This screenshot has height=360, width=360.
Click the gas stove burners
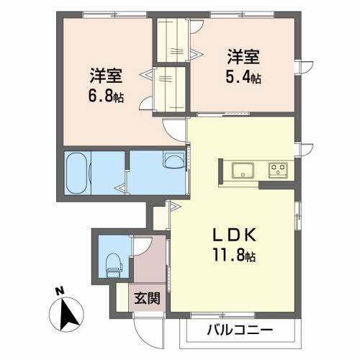click(x=278, y=170)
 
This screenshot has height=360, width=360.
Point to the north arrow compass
click(x=66, y=312)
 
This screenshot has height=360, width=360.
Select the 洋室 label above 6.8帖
click(x=105, y=73)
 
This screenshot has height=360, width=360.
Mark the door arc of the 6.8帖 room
click(x=175, y=129)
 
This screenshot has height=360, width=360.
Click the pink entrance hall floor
click(x=148, y=270)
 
